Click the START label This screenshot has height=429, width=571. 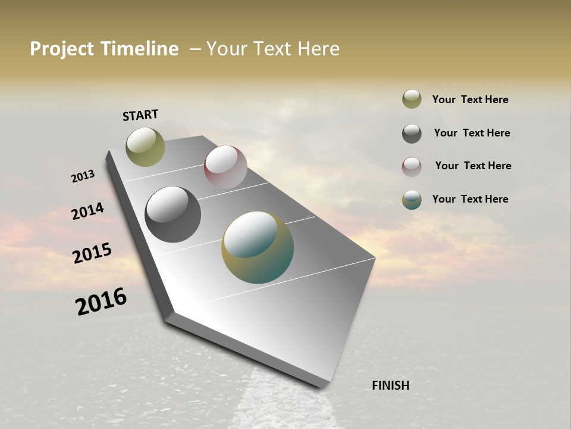(x=140, y=115)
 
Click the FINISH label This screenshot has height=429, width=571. (x=390, y=386)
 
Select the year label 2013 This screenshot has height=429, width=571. (x=83, y=176)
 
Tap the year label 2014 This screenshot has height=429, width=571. (x=87, y=211)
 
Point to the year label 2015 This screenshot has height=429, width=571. (x=92, y=253)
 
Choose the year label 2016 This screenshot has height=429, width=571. (x=101, y=301)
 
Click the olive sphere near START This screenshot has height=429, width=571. (x=145, y=147)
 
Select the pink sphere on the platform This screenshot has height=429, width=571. (x=225, y=167)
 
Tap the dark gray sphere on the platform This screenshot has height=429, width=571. (x=172, y=214)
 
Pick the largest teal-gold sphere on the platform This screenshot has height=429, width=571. (x=258, y=247)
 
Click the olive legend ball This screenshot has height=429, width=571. (x=412, y=99)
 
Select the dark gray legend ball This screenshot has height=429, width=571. (x=412, y=133)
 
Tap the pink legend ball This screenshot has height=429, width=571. (x=412, y=167)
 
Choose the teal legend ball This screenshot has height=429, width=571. (x=412, y=200)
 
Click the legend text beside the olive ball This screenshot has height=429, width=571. (x=470, y=100)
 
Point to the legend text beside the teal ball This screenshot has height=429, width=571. (x=470, y=199)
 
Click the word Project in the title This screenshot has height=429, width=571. (x=62, y=49)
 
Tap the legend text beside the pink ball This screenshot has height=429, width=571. (x=473, y=166)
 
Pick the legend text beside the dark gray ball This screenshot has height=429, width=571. (x=472, y=133)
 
